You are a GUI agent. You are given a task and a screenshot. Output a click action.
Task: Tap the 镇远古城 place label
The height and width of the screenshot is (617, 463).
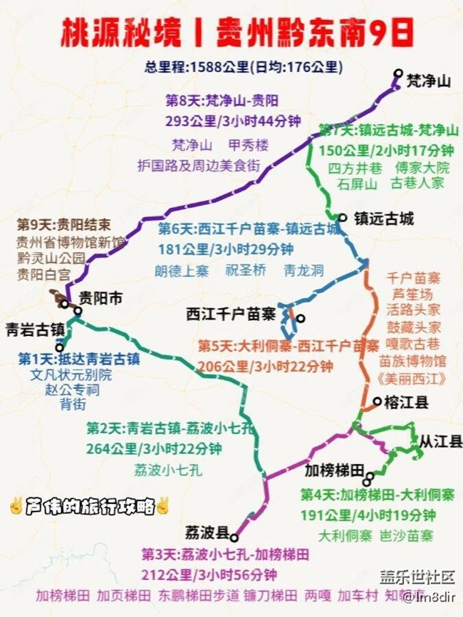pos(383,219)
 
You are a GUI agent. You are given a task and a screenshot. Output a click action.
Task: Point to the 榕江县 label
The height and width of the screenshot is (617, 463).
pos(407,403)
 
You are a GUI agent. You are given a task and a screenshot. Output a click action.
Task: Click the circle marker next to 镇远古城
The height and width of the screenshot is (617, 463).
pos(343,218)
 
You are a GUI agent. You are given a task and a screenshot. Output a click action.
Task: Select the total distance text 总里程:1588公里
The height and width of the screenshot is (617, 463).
pos(197,68)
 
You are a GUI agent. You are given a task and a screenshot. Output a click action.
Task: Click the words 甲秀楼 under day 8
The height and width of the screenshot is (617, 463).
pos(249,145)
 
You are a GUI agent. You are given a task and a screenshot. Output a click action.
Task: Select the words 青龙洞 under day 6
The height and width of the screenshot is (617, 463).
pos(303,270)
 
